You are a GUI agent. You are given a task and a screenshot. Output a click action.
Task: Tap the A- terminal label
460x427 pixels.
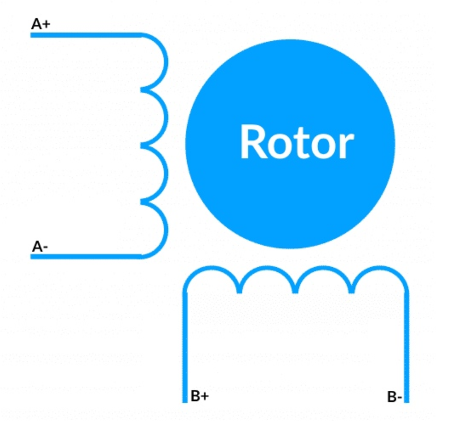click(40, 247)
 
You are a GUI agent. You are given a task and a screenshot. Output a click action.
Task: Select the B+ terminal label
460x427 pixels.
click(200, 396)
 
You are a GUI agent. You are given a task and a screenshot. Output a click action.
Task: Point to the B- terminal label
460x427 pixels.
click(395, 397)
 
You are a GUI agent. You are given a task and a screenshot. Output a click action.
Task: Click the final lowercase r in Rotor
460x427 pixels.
click(345, 146)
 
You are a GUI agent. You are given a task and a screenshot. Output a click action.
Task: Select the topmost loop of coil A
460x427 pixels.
click(165, 62)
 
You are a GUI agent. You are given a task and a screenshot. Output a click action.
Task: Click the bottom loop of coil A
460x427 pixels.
click(165, 229)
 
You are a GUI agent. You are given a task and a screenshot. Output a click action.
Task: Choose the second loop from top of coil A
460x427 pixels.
click(165, 117)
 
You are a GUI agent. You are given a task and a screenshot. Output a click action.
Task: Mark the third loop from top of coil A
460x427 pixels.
click(165, 173)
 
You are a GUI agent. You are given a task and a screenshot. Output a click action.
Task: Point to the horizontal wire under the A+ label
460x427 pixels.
click(85, 35)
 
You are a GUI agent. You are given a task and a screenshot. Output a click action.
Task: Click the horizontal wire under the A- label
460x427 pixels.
click(85, 257)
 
